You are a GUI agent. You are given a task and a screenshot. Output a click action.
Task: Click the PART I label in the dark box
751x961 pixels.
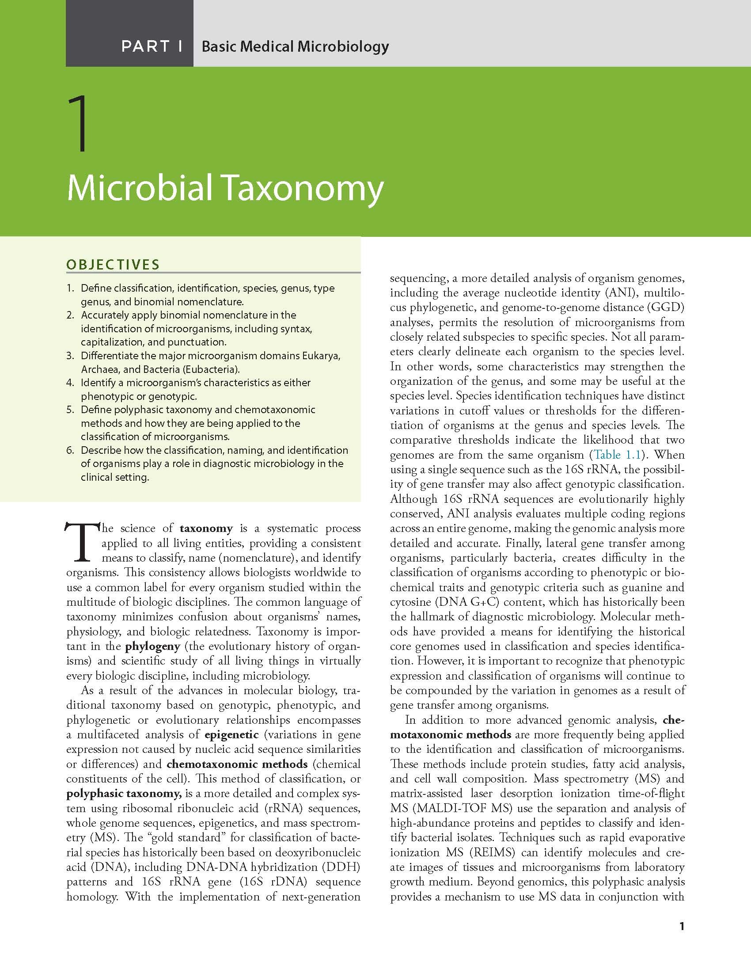tap(152, 46)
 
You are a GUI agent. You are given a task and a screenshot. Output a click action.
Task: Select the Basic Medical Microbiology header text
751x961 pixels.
tap(295, 46)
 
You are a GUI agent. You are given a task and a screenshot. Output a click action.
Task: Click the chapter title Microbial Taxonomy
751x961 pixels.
tap(225, 188)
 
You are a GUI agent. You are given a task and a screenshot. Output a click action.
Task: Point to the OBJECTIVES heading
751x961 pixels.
tap(113, 265)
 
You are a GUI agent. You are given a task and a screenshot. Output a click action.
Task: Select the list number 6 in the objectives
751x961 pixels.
tap(70, 450)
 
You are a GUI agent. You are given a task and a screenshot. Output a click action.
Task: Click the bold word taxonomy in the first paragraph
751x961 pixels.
tap(206, 528)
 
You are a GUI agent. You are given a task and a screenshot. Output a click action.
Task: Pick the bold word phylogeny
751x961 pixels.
tap(153, 646)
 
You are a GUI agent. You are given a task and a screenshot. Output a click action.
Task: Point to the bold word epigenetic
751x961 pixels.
tap(232, 735)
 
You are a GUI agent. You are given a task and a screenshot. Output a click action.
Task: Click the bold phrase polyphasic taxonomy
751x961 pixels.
tap(124, 794)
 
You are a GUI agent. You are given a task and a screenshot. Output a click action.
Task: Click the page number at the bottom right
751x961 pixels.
tap(682, 927)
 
